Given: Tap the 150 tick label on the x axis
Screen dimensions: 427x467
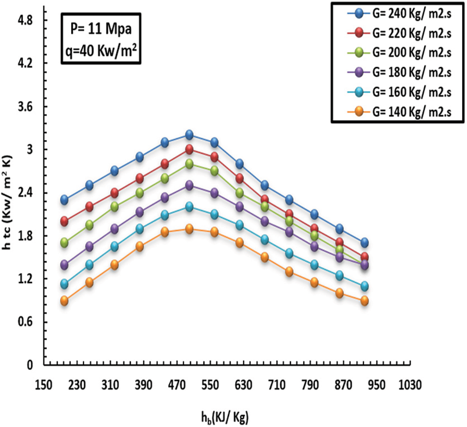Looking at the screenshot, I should (44, 385).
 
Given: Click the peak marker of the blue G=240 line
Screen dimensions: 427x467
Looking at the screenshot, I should (189, 134).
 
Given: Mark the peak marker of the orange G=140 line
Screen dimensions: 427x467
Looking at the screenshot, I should (189, 229).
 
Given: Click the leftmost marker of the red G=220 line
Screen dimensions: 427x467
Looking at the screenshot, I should (64, 221).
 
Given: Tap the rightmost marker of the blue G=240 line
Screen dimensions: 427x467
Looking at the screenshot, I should (365, 243).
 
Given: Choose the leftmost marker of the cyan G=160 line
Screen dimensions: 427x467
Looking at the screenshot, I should (64, 284).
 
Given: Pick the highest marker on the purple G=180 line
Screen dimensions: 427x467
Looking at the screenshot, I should (189, 185).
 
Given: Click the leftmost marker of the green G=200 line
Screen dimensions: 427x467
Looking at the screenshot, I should (64, 243).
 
